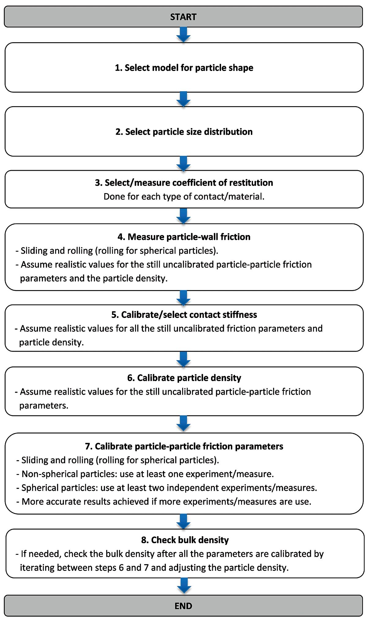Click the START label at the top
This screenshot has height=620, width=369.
(183, 17)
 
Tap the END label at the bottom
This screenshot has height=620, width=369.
(183, 606)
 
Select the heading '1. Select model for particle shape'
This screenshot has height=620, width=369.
(184, 68)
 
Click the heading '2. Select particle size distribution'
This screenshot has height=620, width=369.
(184, 132)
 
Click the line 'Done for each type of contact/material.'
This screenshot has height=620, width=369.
(184, 196)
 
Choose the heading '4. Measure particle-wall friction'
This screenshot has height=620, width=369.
(184, 237)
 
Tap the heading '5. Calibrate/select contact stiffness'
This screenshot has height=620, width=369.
(184, 315)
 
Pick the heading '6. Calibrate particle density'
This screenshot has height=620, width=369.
(184, 378)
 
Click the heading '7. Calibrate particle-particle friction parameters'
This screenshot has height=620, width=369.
(184, 446)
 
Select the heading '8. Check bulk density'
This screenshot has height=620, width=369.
(185, 540)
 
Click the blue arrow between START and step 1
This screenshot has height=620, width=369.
(183, 35)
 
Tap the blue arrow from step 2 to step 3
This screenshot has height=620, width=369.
(183, 163)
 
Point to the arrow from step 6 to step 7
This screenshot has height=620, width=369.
(183, 424)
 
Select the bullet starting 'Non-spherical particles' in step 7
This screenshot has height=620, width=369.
(145, 474)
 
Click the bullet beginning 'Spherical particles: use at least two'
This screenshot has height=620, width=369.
(167, 488)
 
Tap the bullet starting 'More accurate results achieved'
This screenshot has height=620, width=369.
(164, 502)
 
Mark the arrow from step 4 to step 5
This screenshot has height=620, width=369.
(183, 298)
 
